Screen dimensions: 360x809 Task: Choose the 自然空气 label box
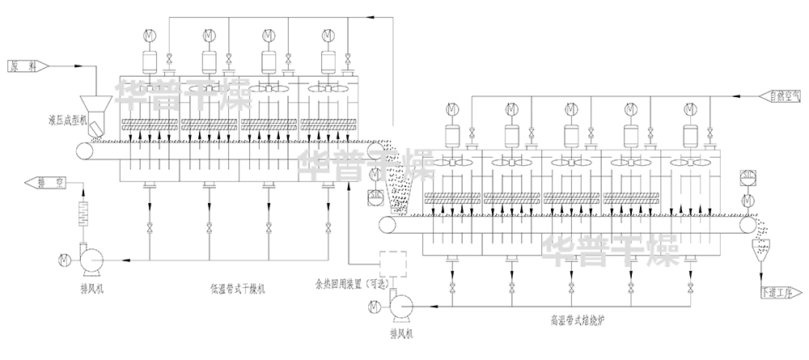778,95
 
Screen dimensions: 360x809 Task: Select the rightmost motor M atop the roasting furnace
689,108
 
